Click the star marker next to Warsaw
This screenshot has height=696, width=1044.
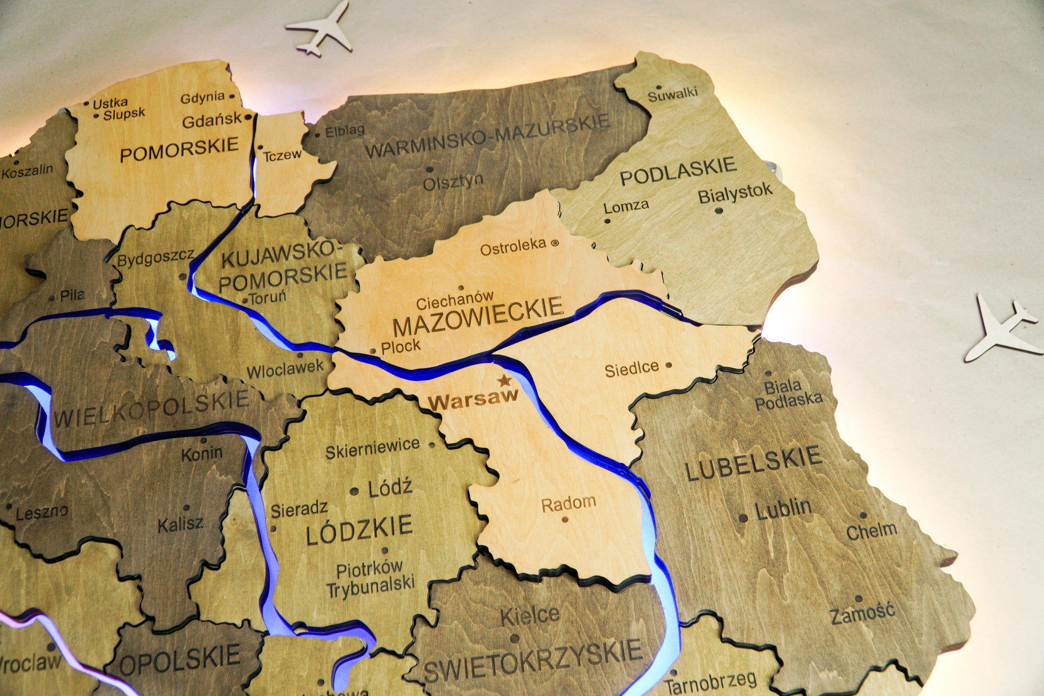point(504,381)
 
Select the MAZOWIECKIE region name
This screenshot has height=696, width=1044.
point(477,317)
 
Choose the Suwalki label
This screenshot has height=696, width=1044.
point(672,95)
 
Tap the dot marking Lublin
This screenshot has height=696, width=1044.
point(743,518)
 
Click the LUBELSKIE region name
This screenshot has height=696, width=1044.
point(753,463)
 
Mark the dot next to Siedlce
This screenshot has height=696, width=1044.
point(669,365)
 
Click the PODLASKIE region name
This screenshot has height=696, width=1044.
point(678,171)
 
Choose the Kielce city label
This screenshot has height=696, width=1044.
point(530,616)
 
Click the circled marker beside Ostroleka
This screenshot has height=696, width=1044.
point(555,243)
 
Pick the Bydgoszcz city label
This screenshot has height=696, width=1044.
point(156,258)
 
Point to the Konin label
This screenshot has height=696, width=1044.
point(202,454)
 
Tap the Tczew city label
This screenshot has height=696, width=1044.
point(282,155)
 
